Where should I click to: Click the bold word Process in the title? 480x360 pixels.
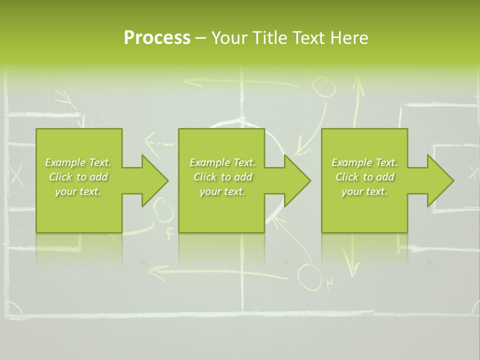(157, 37)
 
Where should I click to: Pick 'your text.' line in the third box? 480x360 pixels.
(364, 191)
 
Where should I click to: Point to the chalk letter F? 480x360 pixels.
(169, 232)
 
